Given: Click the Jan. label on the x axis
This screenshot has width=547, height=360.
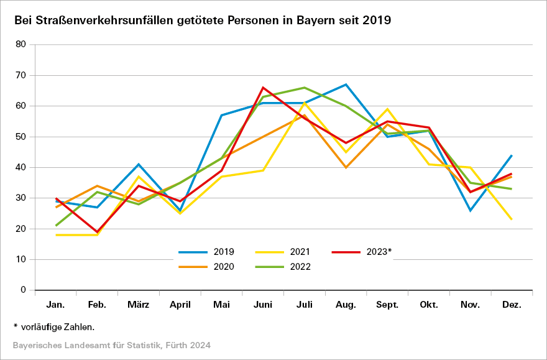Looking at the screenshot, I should point(56,305).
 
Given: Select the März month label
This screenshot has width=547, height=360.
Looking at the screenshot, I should point(139,305).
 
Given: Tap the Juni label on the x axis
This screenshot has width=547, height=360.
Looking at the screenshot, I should point(263,305).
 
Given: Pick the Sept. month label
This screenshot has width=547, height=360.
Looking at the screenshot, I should point(387,305).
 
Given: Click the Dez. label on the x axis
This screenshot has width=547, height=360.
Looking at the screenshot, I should point(512,305).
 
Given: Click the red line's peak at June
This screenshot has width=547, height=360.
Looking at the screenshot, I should point(263,88).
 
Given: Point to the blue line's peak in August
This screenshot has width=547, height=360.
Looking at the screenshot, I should point(346,85).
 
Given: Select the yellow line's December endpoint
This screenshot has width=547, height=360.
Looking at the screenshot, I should point(512,219).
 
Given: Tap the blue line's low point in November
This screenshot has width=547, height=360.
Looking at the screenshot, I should point(471,210).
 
